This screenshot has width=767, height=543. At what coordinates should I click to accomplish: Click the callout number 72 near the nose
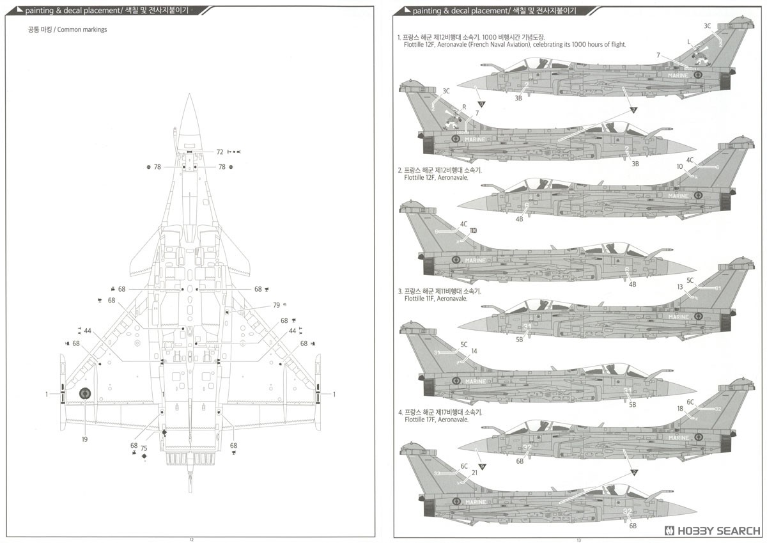tap(220, 152)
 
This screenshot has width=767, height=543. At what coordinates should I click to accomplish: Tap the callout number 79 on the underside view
tap(276, 305)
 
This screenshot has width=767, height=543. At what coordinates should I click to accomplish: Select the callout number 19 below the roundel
tap(84, 439)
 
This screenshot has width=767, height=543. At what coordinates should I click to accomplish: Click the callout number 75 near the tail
tap(144, 448)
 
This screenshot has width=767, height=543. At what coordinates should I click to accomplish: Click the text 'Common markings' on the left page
tap(82, 30)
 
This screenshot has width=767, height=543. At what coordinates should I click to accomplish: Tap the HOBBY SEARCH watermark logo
tap(712, 531)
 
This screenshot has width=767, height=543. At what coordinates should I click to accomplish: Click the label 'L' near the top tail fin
tap(688, 42)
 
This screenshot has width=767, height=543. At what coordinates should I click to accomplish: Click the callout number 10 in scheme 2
tap(679, 166)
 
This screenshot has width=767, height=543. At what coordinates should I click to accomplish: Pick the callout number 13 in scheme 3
tap(680, 287)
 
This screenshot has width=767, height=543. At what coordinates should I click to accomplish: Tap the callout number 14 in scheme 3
tap(474, 351)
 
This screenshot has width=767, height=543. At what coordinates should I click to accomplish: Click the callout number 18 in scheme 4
tap(680, 408)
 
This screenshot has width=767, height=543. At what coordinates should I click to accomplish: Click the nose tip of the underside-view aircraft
tap(189, 95)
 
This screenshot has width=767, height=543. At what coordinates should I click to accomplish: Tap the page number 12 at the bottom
tap(191, 539)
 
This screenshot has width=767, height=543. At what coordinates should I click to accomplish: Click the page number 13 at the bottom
tap(578, 539)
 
